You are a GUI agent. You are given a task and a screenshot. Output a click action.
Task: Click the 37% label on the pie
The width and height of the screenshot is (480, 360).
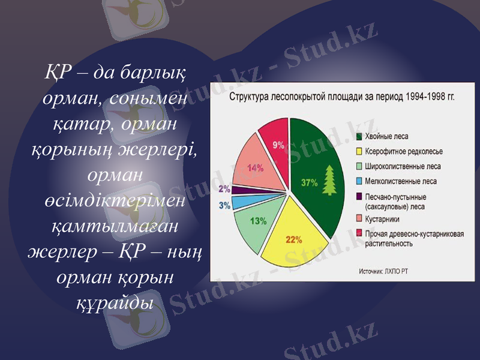click(310, 182)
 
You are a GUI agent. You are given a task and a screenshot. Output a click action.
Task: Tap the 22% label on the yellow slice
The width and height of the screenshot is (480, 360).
click(293, 240)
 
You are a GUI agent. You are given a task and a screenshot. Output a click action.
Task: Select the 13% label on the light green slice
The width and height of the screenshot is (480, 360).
click(259, 221)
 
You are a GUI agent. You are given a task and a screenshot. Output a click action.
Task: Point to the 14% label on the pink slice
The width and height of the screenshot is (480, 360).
click(256, 168)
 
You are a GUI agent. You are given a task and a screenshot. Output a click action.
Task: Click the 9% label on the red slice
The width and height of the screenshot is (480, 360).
click(278, 145)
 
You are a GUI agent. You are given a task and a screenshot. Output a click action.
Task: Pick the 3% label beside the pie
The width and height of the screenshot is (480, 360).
click(224, 205)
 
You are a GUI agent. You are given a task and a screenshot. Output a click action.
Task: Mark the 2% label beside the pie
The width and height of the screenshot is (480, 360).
click(224, 189)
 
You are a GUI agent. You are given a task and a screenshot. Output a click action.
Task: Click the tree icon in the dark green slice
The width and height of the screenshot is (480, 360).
click(329, 179)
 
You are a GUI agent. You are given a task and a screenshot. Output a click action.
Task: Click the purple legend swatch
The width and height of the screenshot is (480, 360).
click(359, 196)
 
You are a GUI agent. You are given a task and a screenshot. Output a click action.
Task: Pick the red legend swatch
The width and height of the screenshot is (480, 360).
click(359, 233)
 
